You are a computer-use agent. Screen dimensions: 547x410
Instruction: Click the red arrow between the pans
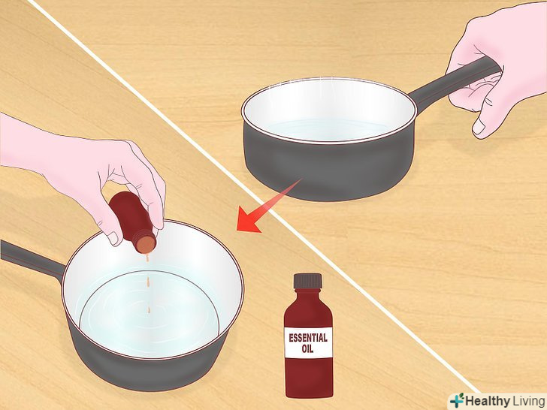(268, 206)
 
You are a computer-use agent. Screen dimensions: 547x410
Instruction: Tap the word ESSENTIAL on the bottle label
(308, 338)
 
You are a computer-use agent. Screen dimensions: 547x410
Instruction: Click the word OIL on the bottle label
(307, 348)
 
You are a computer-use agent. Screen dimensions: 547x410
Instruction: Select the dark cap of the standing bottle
(307, 281)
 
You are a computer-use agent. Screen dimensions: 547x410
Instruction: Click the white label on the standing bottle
(308, 342)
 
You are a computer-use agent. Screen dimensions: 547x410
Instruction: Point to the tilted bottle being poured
(132, 222)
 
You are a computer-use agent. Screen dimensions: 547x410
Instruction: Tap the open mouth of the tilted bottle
(146, 244)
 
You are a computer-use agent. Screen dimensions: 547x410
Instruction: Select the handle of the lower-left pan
(32, 259)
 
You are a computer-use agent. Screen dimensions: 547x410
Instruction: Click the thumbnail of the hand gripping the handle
(479, 127)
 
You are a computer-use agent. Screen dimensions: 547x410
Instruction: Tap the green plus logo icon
(457, 400)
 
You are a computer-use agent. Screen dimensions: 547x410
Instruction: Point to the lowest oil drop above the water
(149, 310)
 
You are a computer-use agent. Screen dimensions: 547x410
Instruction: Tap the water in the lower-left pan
(150, 314)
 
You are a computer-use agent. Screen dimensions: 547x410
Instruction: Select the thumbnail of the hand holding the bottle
(113, 238)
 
